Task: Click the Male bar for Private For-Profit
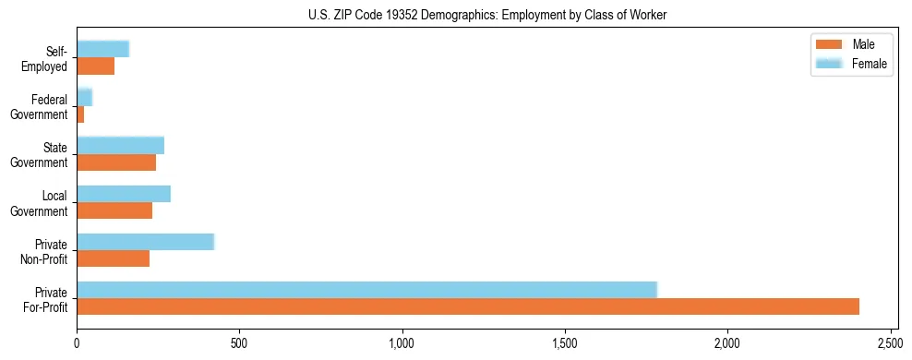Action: [x=468, y=306]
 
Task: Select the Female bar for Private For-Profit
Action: [x=366, y=290]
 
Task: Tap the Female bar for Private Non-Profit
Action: [x=145, y=242]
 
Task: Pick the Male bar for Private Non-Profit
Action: [x=113, y=258]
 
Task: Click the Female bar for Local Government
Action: [x=124, y=194]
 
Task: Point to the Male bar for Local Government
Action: [x=114, y=210]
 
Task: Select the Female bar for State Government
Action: [x=120, y=145]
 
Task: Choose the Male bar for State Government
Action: [x=116, y=162]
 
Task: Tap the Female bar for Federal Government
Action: [x=84, y=97]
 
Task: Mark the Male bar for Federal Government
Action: [x=80, y=114]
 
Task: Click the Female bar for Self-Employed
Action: [x=102, y=49]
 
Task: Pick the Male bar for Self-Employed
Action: [x=95, y=66]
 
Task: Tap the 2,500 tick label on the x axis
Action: [x=890, y=343]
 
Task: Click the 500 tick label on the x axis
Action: [x=239, y=343]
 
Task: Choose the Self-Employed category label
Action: [x=47, y=58]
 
